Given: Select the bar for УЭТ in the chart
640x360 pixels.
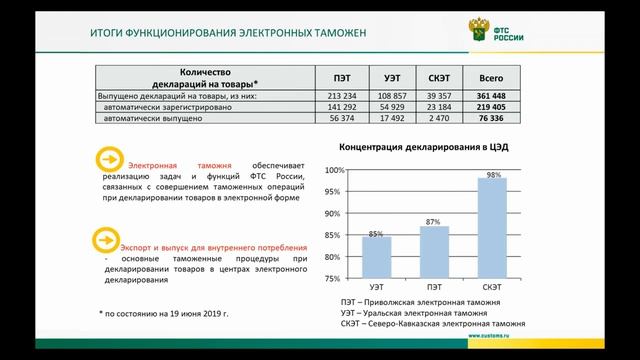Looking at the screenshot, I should pyautogui.click(x=376, y=257).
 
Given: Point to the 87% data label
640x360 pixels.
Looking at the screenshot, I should pyautogui.click(x=434, y=221).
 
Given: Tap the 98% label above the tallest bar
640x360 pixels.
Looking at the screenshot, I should pyautogui.click(x=492, y=174).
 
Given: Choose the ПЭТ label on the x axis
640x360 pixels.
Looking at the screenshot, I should pyautogui.click(x=434, y=286).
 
